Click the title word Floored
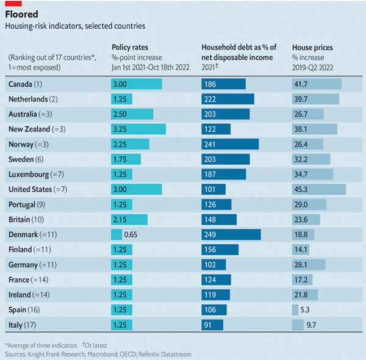23,13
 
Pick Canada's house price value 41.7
301,84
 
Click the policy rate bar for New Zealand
138,129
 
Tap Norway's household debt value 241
211,144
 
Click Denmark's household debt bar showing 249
231,234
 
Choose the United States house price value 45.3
301,189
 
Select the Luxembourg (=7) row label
34,174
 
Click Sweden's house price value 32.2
301,159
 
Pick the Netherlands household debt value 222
211,99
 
